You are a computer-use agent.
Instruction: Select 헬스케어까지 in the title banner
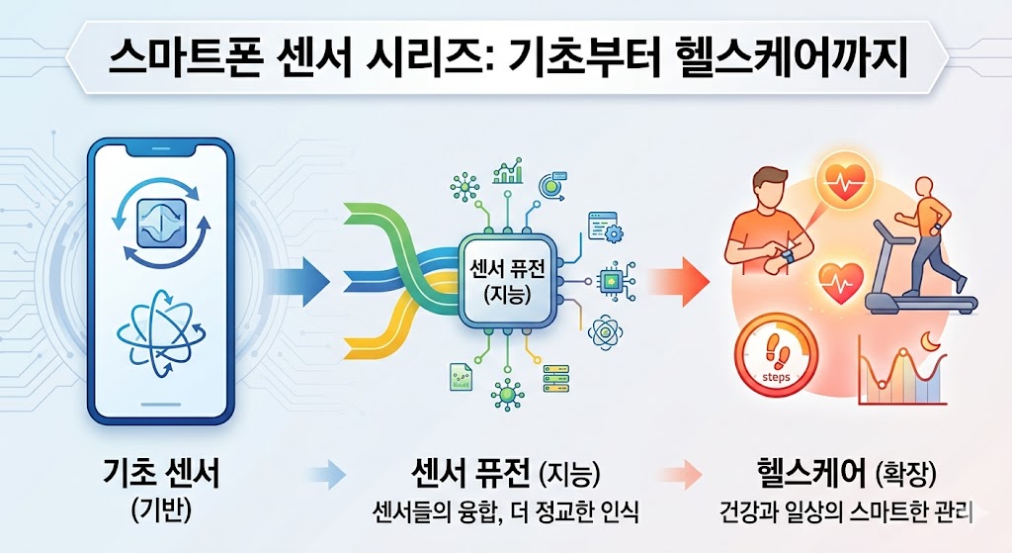(785, 59)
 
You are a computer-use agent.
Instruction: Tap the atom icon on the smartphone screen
(161, 332)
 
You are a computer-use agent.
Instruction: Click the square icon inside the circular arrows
(161, 223)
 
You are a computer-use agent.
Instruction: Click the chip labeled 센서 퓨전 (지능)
(507, 283)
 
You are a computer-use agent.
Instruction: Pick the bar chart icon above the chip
(508, 170)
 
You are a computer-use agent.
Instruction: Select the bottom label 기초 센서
(161, 473)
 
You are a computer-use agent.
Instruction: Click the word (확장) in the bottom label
(906, 476)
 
